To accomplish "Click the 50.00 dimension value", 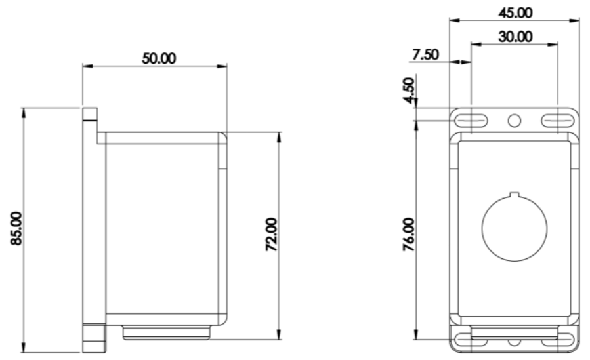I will (x=159, y=58).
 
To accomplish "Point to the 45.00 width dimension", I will (x=516, y=12).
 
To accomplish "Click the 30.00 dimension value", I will (x=515, y=36).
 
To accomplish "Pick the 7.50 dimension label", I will (x=425, y=54).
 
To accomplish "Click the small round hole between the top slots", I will (x=515, y=120).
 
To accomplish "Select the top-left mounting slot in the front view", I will (x=471, y=120).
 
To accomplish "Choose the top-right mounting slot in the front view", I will (x=558, y=120).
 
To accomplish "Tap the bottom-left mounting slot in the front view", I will (x=471, y=339).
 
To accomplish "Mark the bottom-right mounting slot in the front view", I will (x=558, y=339).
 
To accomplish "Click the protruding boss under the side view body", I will (x=167, y=333).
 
